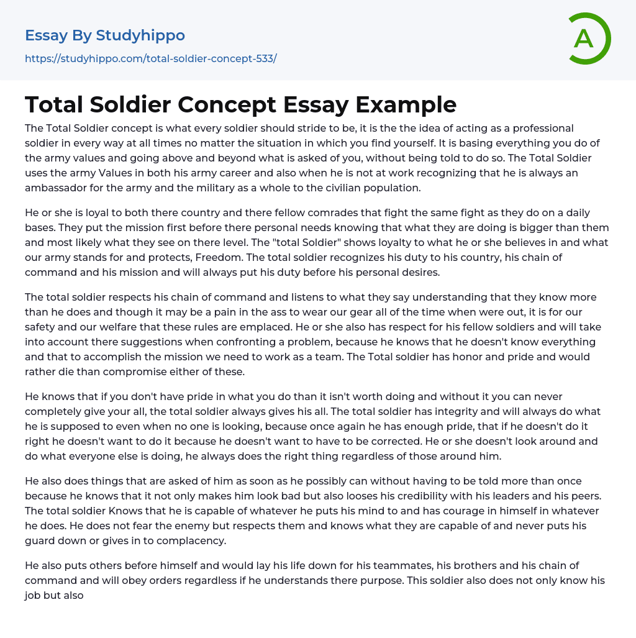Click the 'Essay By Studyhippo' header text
coord(105,35)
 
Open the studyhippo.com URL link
coord(150,58)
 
